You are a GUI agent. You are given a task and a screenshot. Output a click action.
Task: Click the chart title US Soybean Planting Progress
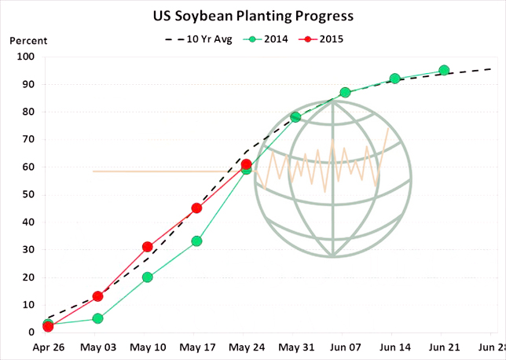(x=252, y=16)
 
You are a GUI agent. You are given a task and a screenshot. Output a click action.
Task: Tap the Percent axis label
(x=28, y=41)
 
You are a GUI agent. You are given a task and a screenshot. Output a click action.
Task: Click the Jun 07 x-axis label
(x=345, y=347)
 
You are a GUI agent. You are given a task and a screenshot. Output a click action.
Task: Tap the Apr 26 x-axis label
(x=48, y=347)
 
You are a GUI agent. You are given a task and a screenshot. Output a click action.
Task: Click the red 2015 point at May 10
(x=147, y=247)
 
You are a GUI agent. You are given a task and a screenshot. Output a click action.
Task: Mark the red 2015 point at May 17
(x=196, y=208)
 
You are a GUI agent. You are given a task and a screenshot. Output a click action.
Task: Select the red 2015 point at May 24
(x=246, y=164)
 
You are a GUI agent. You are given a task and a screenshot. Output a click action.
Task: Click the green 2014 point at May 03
(x=97, y=318)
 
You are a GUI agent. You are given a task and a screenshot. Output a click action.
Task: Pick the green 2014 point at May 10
(x=147, y=277)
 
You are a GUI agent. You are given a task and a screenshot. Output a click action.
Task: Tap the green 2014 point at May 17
(x=196, y=241)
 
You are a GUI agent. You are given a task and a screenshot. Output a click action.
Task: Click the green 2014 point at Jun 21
(x=444, y=70)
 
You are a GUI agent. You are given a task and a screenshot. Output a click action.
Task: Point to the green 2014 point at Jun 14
(x=394, y=79)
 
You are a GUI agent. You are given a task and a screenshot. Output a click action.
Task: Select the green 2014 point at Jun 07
(x=345, y=93)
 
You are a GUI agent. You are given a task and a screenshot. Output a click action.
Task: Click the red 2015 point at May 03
(x=97, y=296)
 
